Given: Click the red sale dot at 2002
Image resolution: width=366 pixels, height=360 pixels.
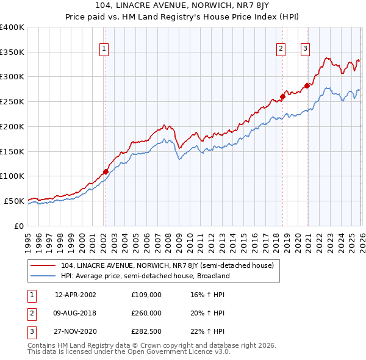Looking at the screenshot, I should coord(106,171).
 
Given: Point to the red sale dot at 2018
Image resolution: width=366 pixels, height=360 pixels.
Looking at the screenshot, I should coord(283,96).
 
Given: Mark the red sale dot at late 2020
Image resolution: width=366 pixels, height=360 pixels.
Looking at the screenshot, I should coord(307,85).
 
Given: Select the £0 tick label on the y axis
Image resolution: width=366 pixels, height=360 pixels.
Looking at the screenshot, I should coord(19,226).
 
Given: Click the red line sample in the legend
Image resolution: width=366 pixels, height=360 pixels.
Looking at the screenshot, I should coord(44,265).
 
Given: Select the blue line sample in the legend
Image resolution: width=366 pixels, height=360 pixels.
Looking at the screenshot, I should coord(44,276).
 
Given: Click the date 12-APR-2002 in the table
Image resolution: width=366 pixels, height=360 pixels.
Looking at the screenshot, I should coord(75,295).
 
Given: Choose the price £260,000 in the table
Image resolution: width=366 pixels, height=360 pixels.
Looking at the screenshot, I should coord(146,312).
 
